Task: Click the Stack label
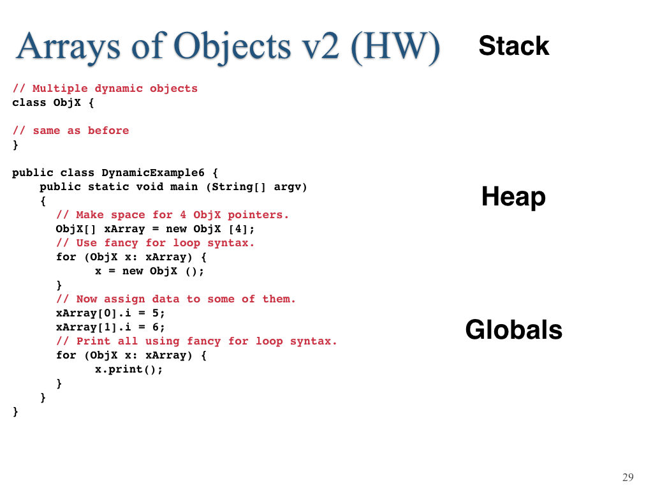[514, 45]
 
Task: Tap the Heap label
[513, 197]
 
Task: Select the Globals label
[514, 330]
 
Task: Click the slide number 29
[628, 477]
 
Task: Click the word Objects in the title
[232, 47]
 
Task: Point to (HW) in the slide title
[395, 47]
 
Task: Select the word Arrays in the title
[68, 47]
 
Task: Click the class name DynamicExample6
[153, 173]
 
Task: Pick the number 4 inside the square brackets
[238, 229]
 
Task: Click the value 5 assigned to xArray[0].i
[156, 313]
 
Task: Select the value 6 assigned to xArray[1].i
[156, 327]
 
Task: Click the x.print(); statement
[129, 369]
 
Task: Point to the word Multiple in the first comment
[60, 88]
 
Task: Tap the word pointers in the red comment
[255, 215]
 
